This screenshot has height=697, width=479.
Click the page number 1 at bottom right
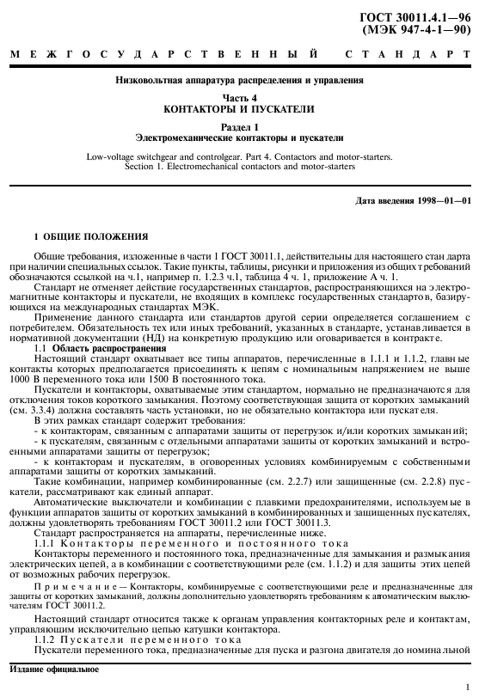[x=466, y=685]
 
